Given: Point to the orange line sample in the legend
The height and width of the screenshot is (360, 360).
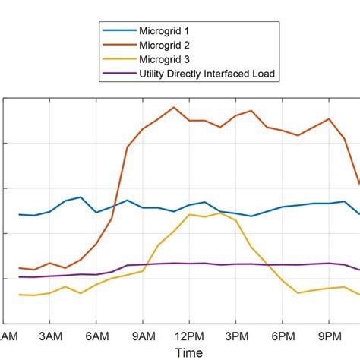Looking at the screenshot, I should pyautogui.click(x=118, y=44).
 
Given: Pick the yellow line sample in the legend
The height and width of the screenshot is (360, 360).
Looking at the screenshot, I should pyautogui.click(x=118, y=58).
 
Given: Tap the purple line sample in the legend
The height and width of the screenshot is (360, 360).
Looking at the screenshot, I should pyautogui.click(x=118, y=73).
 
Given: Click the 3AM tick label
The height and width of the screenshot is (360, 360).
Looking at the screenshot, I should pyautogui.click(x=49, y=336).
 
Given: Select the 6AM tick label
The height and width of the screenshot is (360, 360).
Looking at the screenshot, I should pyautogui.click(x=96, y=336).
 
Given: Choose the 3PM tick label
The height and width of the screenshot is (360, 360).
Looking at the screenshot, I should pyautogui.click(x=236, y=336).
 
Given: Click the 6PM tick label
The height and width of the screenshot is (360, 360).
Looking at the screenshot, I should pyautogui.click(x=283, y=336).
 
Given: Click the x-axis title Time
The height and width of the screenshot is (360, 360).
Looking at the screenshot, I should pyautogui.click(x=188, y=352).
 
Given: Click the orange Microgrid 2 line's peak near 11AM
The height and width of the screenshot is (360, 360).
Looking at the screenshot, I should pyautogui.click(x=174, y=107).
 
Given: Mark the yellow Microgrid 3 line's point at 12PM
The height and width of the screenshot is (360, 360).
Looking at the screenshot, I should pyautogui.click(x=189, y=214).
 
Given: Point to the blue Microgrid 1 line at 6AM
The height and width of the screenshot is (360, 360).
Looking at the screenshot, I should pyautogui.click(x=96, y=212).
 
